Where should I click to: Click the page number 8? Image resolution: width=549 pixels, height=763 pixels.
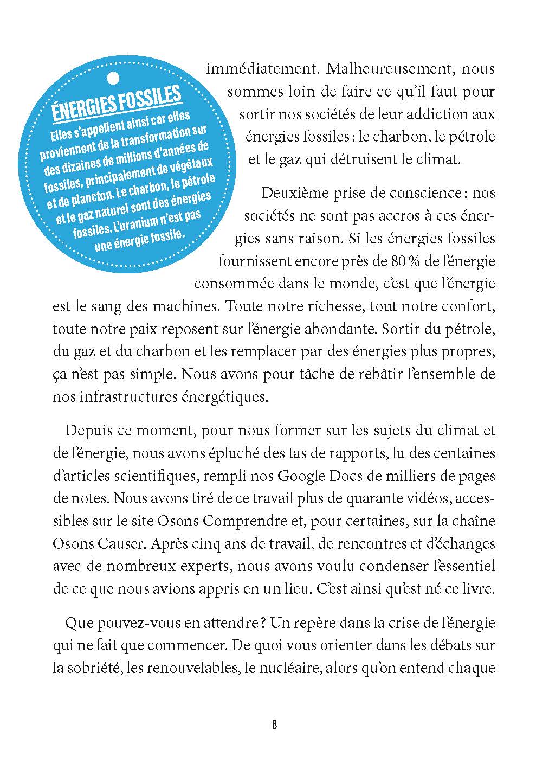point(274,725)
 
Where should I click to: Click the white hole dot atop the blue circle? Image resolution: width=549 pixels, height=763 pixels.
point(113,79)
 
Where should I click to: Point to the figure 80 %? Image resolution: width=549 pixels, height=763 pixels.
point(403,261)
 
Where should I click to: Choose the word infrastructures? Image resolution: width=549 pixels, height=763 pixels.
point(122,396)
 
